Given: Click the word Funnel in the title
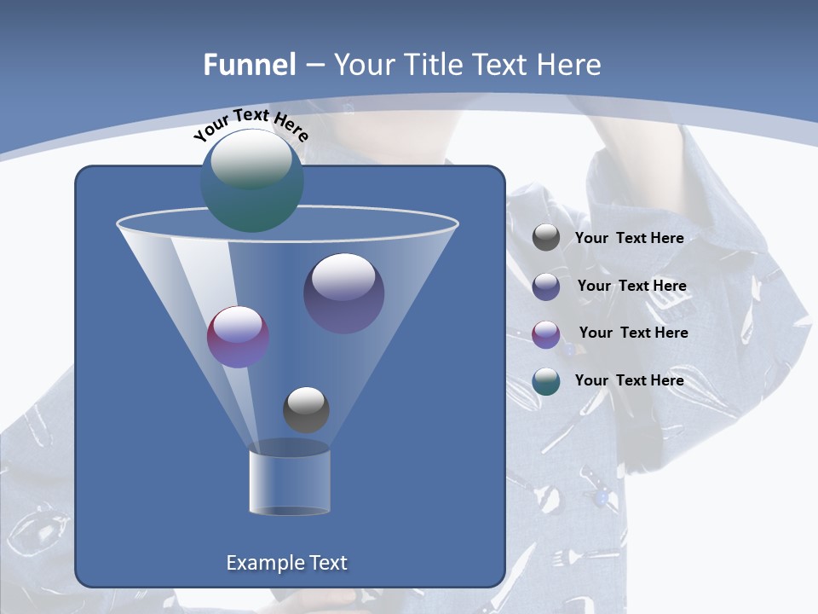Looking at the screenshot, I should tap(250, 65).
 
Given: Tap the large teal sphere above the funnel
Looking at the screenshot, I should tap(251, 181).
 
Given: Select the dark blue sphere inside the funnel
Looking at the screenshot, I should tap(343, 293).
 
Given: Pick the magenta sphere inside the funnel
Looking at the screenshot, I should tap(238, 337).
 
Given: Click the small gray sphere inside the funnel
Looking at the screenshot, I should tap(306, 409).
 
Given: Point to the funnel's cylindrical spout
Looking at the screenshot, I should tap(289, 483).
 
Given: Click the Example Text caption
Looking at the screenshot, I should tap(287, 563).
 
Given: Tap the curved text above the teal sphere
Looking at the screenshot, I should tap(251, 124).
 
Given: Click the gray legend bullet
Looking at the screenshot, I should tap(546, 238).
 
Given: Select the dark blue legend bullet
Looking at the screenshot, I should tap(546, 287).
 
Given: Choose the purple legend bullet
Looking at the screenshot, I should tap(546, 334).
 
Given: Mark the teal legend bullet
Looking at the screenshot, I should tap(546, 381).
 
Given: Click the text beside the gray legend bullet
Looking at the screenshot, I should tap(629, 239).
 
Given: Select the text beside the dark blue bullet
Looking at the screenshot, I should tap(631, 287).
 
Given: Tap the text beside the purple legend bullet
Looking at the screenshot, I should tap(633, 333).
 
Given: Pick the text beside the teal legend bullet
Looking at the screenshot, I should tap(629, 381).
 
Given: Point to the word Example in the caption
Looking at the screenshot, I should tap(262, 563).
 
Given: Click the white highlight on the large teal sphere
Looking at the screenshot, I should tap(251, 159).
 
